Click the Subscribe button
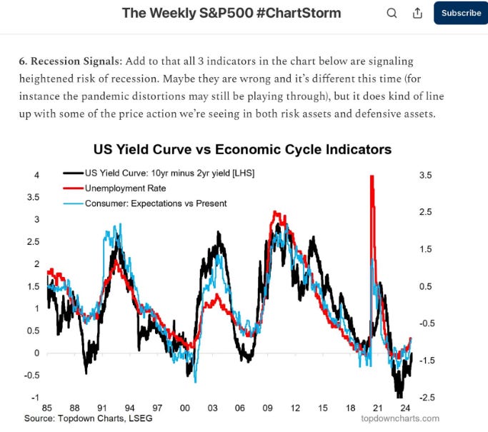point(461,13)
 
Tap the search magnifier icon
point(392,13)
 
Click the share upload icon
point(417,13)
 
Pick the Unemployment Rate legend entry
point(125,188)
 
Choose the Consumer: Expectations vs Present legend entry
point(155,203)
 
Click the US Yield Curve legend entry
point(169,173)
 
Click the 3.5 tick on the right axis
point(426,175)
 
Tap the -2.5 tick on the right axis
point(426,397)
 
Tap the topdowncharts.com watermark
point(400,418)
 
